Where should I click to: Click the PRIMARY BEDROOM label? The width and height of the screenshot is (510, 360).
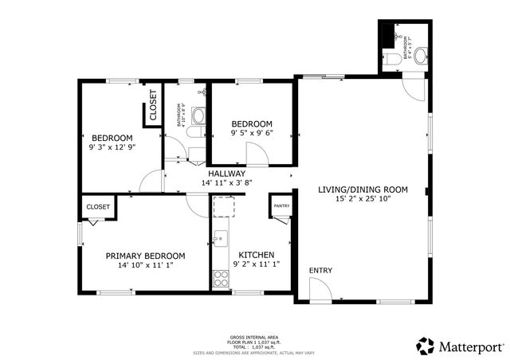click(x=145, y=256)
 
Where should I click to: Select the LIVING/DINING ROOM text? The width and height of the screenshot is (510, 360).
click(x=363, y=190)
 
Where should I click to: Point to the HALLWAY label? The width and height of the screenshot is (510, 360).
click(x=226, y=174)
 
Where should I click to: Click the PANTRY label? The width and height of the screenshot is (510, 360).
click(x=281, y=206)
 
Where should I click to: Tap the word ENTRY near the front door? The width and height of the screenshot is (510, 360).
click(x=320, y=271)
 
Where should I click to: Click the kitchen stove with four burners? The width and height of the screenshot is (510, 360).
click(x=221, y=279)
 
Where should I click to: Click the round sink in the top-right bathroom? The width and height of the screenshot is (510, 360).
click(x=420, y=56)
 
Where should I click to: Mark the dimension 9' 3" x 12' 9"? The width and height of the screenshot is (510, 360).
click(x=112, y=147)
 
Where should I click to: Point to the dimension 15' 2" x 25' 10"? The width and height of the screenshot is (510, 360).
click(x=363, y=200)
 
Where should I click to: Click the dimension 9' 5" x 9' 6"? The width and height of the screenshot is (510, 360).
click(x=252, y=134)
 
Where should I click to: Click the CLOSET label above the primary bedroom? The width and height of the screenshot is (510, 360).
click(x=98, y=206)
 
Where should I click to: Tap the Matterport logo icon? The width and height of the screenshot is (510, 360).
click(x=426, y=346)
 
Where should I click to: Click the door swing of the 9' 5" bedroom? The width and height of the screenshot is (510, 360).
click(x=257, y=155)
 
